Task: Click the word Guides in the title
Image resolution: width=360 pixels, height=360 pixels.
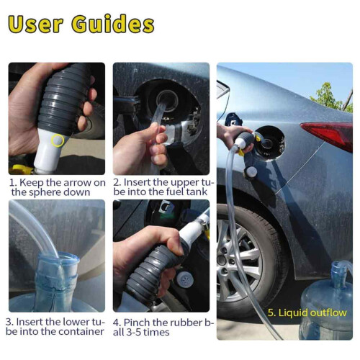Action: [x=113, y=24]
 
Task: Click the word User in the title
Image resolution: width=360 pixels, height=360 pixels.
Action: [x=35, y=24]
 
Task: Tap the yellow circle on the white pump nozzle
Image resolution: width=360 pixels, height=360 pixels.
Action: [x=58, y=140]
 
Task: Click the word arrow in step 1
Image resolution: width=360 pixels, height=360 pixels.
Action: [x=76, y=183]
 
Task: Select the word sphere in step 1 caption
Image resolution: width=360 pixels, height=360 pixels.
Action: [x=43, y=192]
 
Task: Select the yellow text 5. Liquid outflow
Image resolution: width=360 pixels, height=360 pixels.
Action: [x=307, y=313]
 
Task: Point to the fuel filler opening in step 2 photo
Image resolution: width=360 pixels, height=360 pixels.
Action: [x=167, y=100]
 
